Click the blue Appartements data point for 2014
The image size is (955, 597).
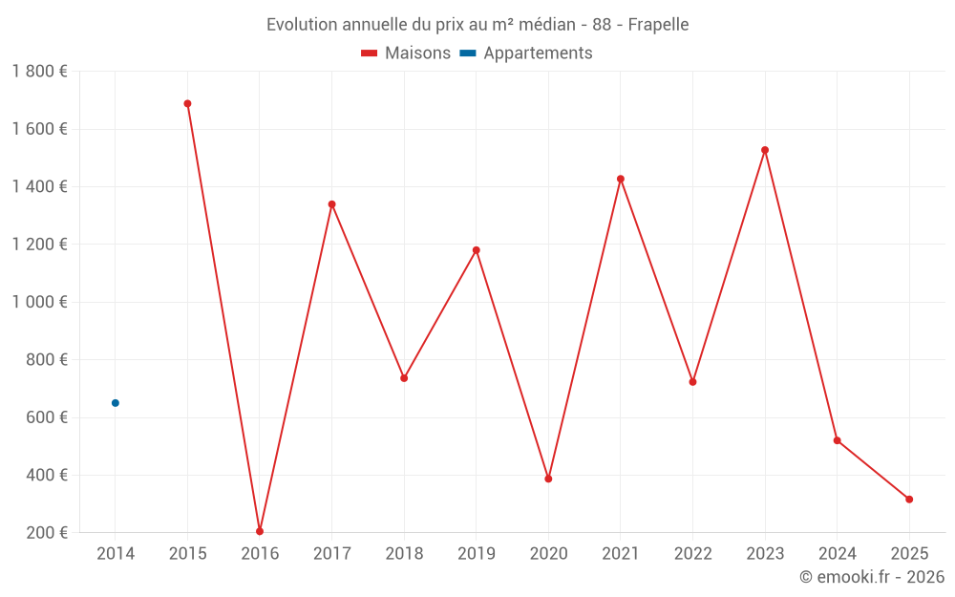pos(116,403)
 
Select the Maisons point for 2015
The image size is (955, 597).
pos(187,103)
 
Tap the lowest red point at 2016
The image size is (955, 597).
pos(260,531)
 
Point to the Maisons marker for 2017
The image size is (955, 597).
pos(332,204)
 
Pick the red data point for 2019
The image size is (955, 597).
pos(477,250)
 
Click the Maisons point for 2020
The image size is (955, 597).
pos(548,479)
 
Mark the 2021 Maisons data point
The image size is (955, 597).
pos(621,179)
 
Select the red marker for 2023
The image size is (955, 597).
pos(765,150)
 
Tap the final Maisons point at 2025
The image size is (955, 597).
pos(909,500)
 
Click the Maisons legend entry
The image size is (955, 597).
pos(406,53)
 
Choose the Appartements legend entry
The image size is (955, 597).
pos(527,53)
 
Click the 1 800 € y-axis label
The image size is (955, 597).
pos(39,72)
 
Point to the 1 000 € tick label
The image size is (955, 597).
pos(39,302)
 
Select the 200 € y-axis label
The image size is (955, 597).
pos(46,532)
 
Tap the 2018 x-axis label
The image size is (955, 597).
pos(404,553)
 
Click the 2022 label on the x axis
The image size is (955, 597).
pos(692,553)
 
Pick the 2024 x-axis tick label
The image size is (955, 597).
pos(837,553)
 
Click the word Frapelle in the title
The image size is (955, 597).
pos(658,24)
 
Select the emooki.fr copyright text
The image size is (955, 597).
pos(872,577)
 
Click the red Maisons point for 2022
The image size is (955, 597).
pos(692,382)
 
